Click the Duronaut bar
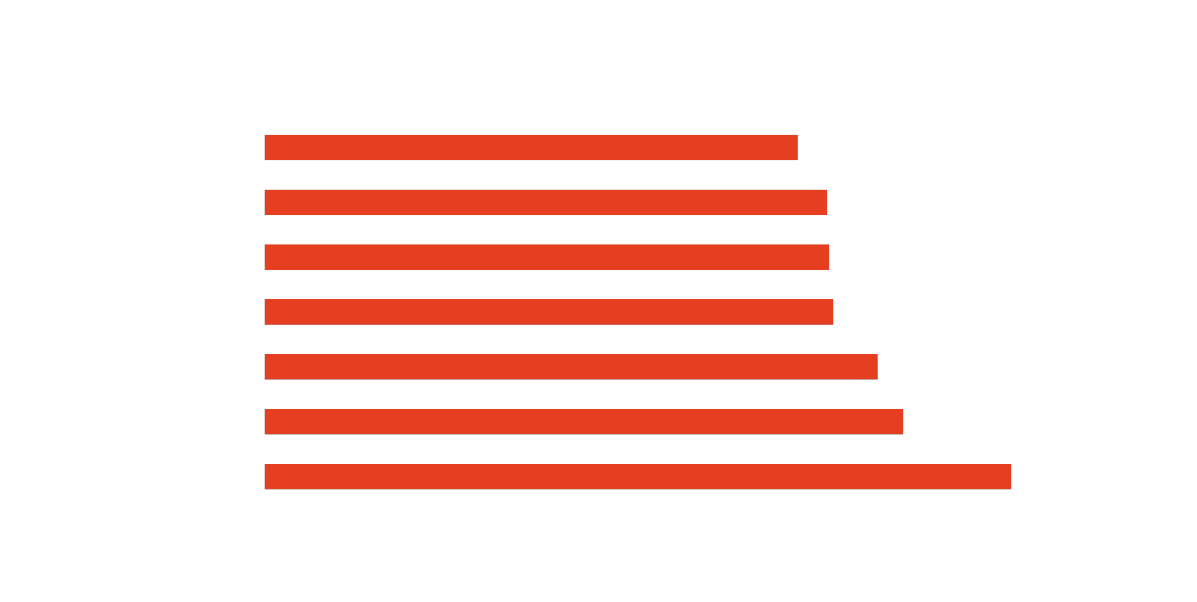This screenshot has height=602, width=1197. point(531,148)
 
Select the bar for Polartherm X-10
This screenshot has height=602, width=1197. point(546,203)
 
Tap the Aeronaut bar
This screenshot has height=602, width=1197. point(637,477)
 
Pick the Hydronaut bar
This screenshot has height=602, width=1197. point(571,367)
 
